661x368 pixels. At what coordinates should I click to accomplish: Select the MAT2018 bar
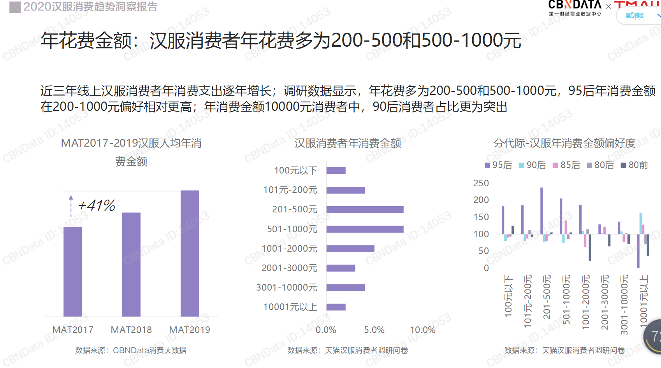click(x=131, y=265)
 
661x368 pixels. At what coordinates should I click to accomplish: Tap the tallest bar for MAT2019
click(x=190, y=253)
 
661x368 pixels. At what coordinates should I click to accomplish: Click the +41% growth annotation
click(x=97, y=205)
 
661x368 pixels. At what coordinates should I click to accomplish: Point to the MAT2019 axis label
click(x=190, y=330)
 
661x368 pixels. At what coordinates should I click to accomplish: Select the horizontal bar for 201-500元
click(x=365, y=210)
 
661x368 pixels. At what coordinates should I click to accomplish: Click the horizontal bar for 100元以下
click(x=336, y=171)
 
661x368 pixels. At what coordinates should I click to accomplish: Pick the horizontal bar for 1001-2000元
click(x=350, y=249)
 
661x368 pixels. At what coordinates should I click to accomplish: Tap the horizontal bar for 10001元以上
click(x=336, y=307)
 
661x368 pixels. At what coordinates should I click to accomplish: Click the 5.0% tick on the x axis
click(x=374, y=330)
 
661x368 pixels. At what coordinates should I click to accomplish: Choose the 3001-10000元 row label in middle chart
click(x=287, y=287)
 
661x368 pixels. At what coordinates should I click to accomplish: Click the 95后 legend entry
click(x=498, y=165)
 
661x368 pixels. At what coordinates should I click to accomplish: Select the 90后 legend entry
click(x=532, y=165)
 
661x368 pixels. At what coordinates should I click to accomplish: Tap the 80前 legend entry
click(x=634, y=165)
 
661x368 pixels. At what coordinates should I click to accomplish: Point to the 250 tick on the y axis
click(x=481, y=183)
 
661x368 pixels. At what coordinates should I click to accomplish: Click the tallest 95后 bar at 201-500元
click(x=541, y=210)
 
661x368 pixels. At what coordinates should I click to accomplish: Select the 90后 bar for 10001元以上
click(x=641, y=223)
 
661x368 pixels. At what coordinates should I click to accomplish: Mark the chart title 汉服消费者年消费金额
click(x=348, y=144)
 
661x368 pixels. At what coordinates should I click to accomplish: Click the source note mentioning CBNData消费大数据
click(x=131, y=350)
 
